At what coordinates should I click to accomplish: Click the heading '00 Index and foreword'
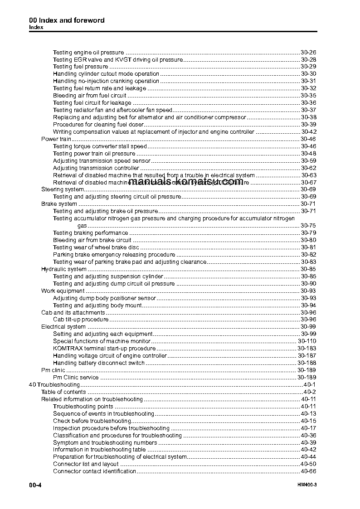[x=67, y=20]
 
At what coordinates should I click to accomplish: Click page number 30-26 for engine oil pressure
[x=308, y=52]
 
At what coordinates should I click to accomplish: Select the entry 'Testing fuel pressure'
[x=80, y=67]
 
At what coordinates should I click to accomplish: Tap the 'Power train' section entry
[x=56, y=139]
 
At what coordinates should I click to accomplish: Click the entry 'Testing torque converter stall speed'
[x=100, y=146]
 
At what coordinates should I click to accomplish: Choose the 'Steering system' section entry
[x=63, y=189]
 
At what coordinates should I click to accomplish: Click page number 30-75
[x=308, y=225]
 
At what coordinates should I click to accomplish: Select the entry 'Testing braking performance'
[x=90, y=233]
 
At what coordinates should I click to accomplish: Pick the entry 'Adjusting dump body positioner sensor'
[x=104, y=298]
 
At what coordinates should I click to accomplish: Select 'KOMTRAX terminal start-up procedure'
[x=104, y=348]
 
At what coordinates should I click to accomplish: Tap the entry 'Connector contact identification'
[x=94, y=471]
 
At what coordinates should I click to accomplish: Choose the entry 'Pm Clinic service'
[x=76, y=377]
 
